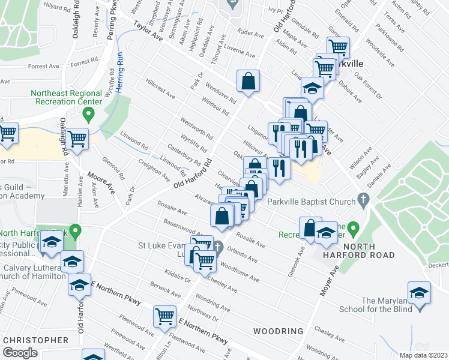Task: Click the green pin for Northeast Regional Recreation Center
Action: coord(89,113)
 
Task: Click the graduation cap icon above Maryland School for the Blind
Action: coord(419,293)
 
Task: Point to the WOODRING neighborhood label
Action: coord(278,331)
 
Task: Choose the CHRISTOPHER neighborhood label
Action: coord(36,340)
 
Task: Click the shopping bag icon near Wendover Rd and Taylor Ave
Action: coord(248,81)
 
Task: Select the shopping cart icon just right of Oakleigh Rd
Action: coord(77,139)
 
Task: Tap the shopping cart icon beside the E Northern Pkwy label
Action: coord(164,316)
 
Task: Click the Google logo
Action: coord(20,352)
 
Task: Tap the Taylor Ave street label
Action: coord(148,32)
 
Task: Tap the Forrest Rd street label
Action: coord(84,62)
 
